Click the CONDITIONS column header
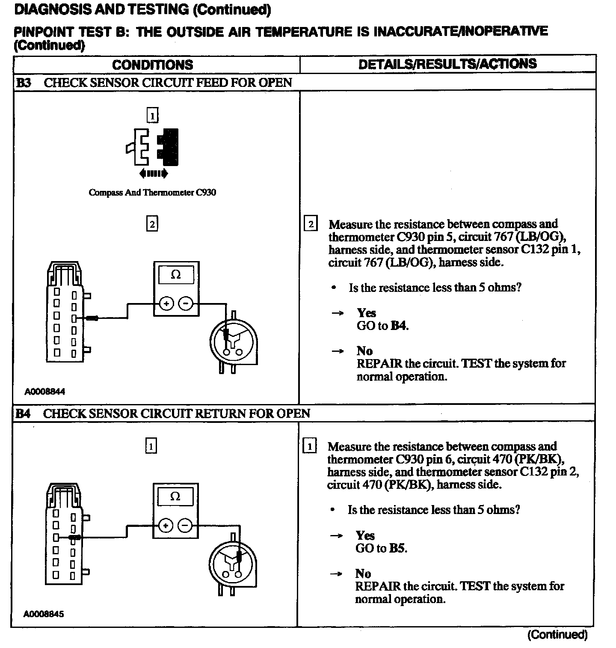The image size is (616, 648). coord(152,65)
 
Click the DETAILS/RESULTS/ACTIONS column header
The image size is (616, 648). coord(447,64)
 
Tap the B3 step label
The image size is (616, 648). coord(24,83)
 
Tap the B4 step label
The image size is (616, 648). coord(23,413)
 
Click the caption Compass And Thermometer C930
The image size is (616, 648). coord(152,193)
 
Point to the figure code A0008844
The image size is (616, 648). coord(44,391)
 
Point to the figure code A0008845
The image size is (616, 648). coord(44,614)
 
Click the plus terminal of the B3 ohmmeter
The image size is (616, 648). coord(166,304)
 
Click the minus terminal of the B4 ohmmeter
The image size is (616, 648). coord(185,525)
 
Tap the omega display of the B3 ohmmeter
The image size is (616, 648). coord(176,275)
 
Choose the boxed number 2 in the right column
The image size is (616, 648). coord(311,224)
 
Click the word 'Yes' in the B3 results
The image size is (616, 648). coord(366,313)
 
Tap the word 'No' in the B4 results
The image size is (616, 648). coord(363,574)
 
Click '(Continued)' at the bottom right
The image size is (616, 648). coord(557,634)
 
